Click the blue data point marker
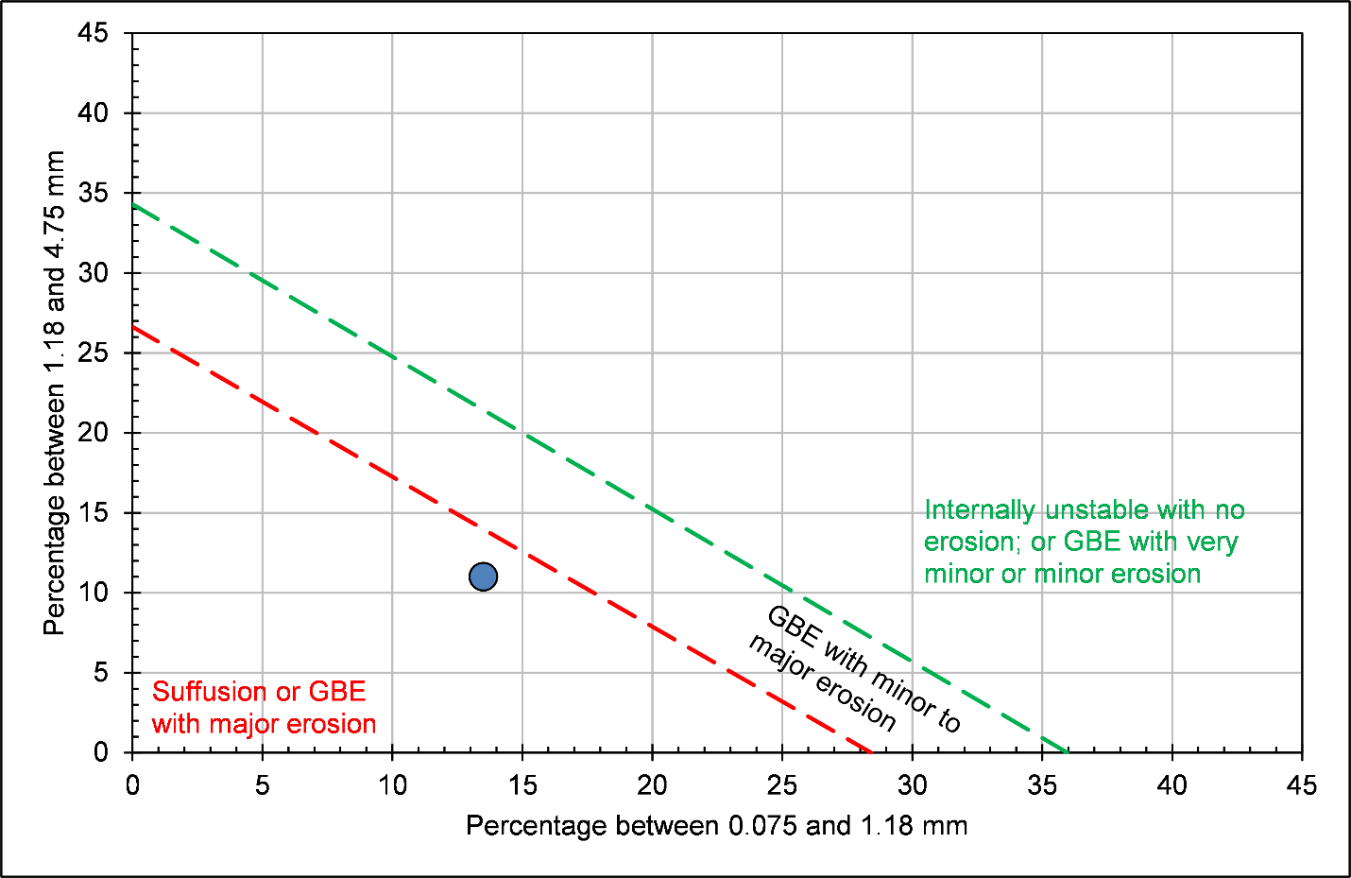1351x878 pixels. click(x=483, y=577)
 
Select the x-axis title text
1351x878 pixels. click(x=716, y=826)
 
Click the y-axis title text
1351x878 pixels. click(x=55, y=392)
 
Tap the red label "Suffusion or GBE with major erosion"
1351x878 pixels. click(x=264, y=708)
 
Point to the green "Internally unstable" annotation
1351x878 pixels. click(x=1084, y=542)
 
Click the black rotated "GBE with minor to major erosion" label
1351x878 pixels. click(x=854, y=669)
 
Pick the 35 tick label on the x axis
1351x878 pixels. click(x=1042, y=785)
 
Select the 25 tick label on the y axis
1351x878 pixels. click(x=94, y=353)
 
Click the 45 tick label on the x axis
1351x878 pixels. click(x=1301, y=785)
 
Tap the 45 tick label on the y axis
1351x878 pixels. click(x=94, y=34)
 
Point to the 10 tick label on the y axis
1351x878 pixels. click(x=94, y=593)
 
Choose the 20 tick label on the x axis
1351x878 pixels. click(x=652, y=785)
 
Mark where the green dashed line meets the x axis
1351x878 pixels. click(x=1068, y=752)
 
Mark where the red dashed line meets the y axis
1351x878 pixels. click(x=132, y=327)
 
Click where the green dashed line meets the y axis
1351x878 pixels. click(x=132, y=204)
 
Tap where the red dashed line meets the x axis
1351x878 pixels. click(x=871, y=752)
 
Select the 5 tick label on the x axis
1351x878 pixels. click(x=262, y=785)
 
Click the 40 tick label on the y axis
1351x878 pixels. click(x=94, y=113)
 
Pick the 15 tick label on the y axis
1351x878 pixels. click(x=94, y=513)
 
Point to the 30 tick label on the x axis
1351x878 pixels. click(x=912, y=785)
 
